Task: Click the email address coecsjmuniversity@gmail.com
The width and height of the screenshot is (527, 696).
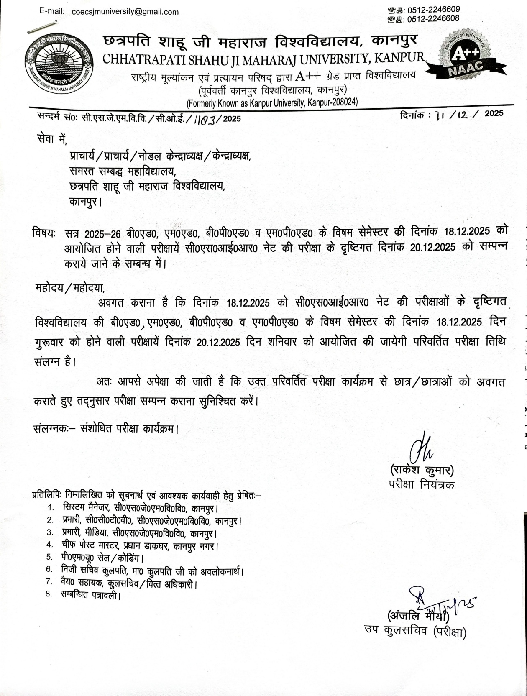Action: click(x=125, y=12)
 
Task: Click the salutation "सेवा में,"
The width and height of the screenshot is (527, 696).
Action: click(x=52, y=138)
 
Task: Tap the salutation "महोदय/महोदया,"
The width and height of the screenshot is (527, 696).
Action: click(x=70, y=288)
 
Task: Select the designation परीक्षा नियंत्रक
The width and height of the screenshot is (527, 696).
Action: click(x=421, y=484)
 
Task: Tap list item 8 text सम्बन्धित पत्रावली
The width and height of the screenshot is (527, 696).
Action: click(x=90, y=594)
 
